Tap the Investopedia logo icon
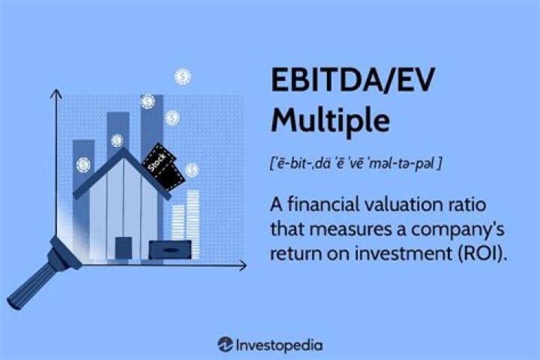(225, 345)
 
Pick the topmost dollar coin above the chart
(181, 76)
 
